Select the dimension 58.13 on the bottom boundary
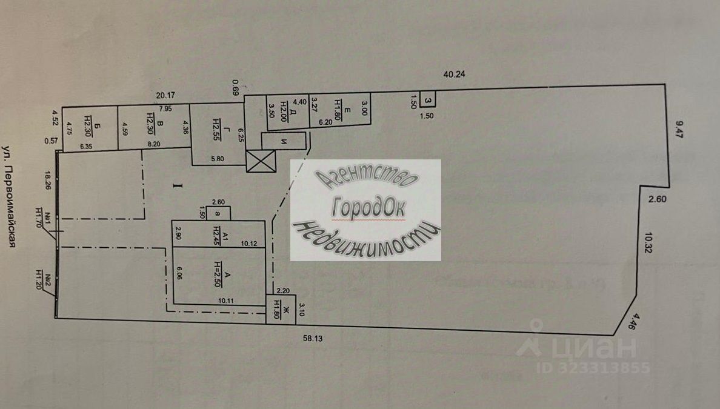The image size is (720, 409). pyautogui.click(x=313, y=339)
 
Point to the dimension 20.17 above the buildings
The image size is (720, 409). pyautogui.click(x=165, y=95)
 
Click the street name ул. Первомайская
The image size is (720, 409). pyautogui.click(x=9, y=196)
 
